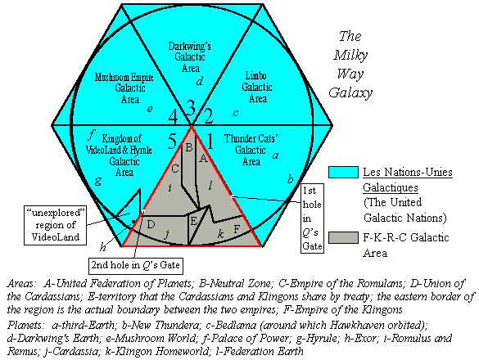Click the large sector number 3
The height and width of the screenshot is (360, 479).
point(190,108)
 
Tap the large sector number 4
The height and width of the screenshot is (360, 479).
point(173,117)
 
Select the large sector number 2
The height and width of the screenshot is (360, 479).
point(209,116)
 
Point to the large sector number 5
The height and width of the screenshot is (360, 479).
point(172,141)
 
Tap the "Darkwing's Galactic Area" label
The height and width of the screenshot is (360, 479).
point(190,57)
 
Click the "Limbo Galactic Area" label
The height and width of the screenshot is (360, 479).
point(257,87)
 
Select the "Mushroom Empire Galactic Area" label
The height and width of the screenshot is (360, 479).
point(124,88)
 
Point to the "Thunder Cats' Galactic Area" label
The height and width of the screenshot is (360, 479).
point(251,150)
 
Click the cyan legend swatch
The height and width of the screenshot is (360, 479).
point(343,172)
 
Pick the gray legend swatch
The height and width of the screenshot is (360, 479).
point(343,237)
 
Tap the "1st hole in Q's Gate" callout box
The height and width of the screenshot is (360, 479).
point(312,218)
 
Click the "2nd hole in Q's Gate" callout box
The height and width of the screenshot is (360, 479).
point(136,266)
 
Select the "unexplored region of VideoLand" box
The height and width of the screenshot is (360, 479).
point(56,225)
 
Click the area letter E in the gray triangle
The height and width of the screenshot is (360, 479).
point(194,221)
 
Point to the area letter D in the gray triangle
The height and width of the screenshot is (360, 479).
point(151,225)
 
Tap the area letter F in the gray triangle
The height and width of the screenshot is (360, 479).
point(237,229)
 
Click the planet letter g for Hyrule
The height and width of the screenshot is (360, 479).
point(97,181)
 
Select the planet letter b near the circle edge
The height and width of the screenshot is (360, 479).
point(290,178)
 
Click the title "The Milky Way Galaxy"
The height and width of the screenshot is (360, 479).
point(350,65)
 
